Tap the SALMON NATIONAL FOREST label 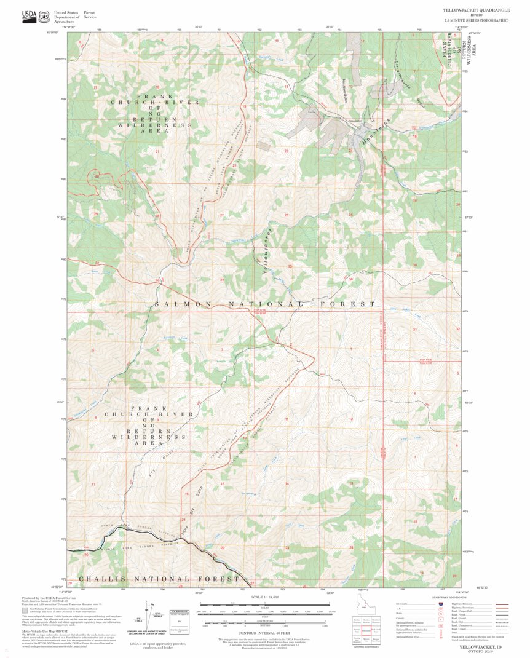click(x=264, y=304)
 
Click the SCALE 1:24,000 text click(x=264, y=597)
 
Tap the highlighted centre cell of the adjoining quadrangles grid click(x=366, y=630)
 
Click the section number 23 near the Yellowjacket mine click(x=286, y=151)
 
